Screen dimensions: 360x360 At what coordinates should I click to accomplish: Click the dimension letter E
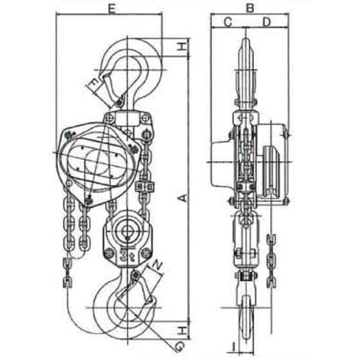coord(112,9)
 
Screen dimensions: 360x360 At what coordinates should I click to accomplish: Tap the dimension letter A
coord(182,198)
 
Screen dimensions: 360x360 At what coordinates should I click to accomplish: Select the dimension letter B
coord(250,8)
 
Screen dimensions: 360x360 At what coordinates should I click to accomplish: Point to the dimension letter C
coord(228,22)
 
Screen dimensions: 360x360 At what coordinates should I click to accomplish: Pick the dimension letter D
coord(266,22)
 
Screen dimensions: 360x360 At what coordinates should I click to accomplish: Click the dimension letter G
coord(179,346)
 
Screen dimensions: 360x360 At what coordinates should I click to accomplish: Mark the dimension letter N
coord(157,265)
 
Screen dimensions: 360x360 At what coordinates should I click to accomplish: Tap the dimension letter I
coord(233,346)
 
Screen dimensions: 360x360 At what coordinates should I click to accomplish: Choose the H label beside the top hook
coord(183,47)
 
